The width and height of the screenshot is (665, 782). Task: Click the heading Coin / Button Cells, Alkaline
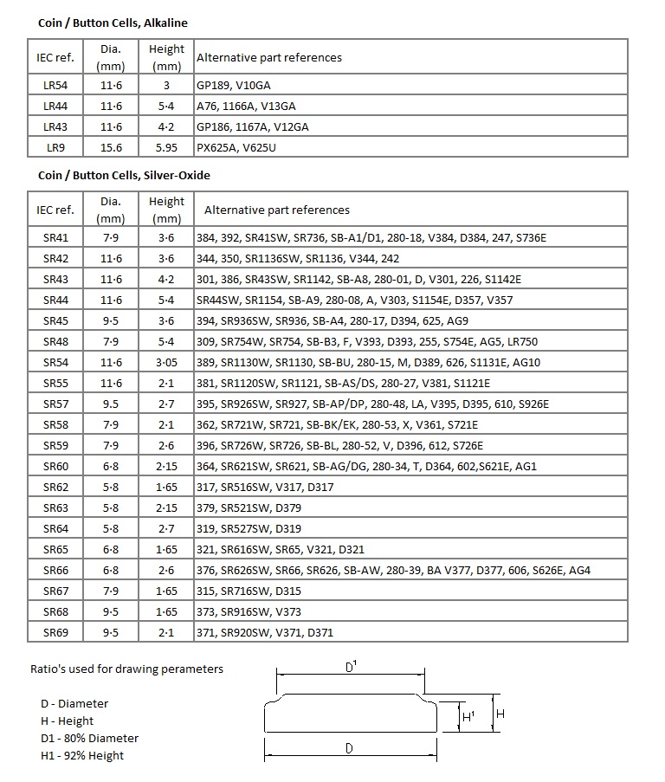113,23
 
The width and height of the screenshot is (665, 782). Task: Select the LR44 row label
55,106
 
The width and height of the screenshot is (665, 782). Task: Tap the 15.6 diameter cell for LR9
111,147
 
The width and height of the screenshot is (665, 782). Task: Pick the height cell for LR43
166,126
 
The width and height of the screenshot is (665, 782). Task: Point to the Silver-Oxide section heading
124,175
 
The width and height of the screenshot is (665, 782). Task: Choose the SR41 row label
55,237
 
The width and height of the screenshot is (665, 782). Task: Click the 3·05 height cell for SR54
166,362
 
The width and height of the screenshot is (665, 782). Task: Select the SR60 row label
55,466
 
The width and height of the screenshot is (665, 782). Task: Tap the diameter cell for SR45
111,320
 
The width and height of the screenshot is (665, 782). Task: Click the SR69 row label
55,632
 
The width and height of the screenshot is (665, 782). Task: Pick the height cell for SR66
166,570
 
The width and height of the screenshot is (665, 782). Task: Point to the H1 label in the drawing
468,717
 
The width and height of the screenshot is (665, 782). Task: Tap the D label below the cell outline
349,748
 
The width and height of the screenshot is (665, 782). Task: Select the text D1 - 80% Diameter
82,738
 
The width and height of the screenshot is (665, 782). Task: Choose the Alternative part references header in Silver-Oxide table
276,210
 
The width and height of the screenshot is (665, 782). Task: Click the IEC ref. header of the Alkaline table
55,57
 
